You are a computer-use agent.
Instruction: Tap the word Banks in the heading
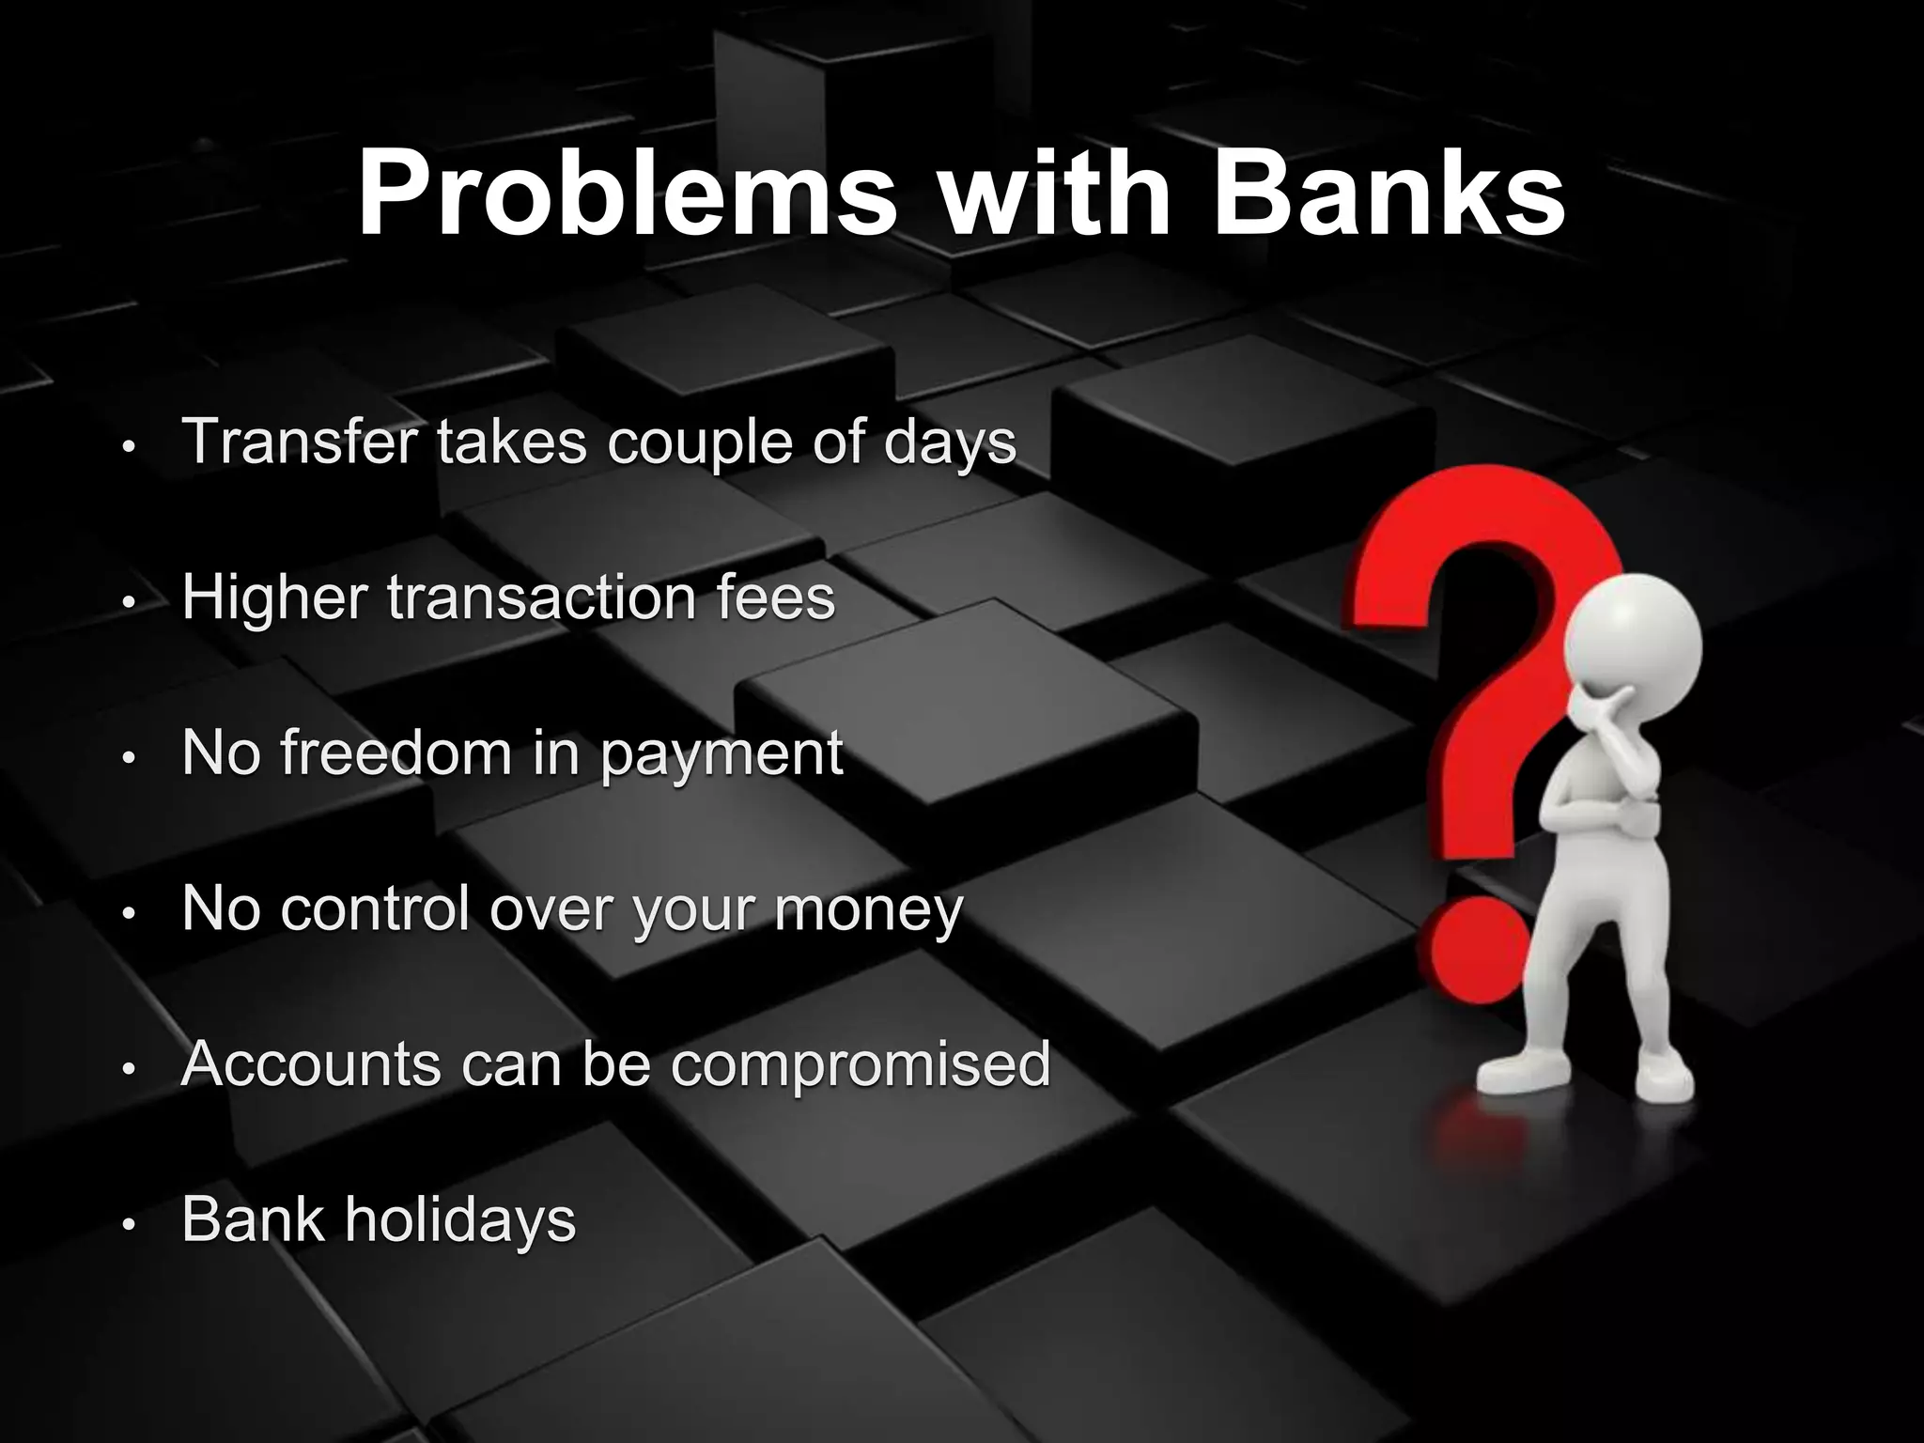point(1389,194)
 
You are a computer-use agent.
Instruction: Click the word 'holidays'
point(459,1220)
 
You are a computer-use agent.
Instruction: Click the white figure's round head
point(1633,636)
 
